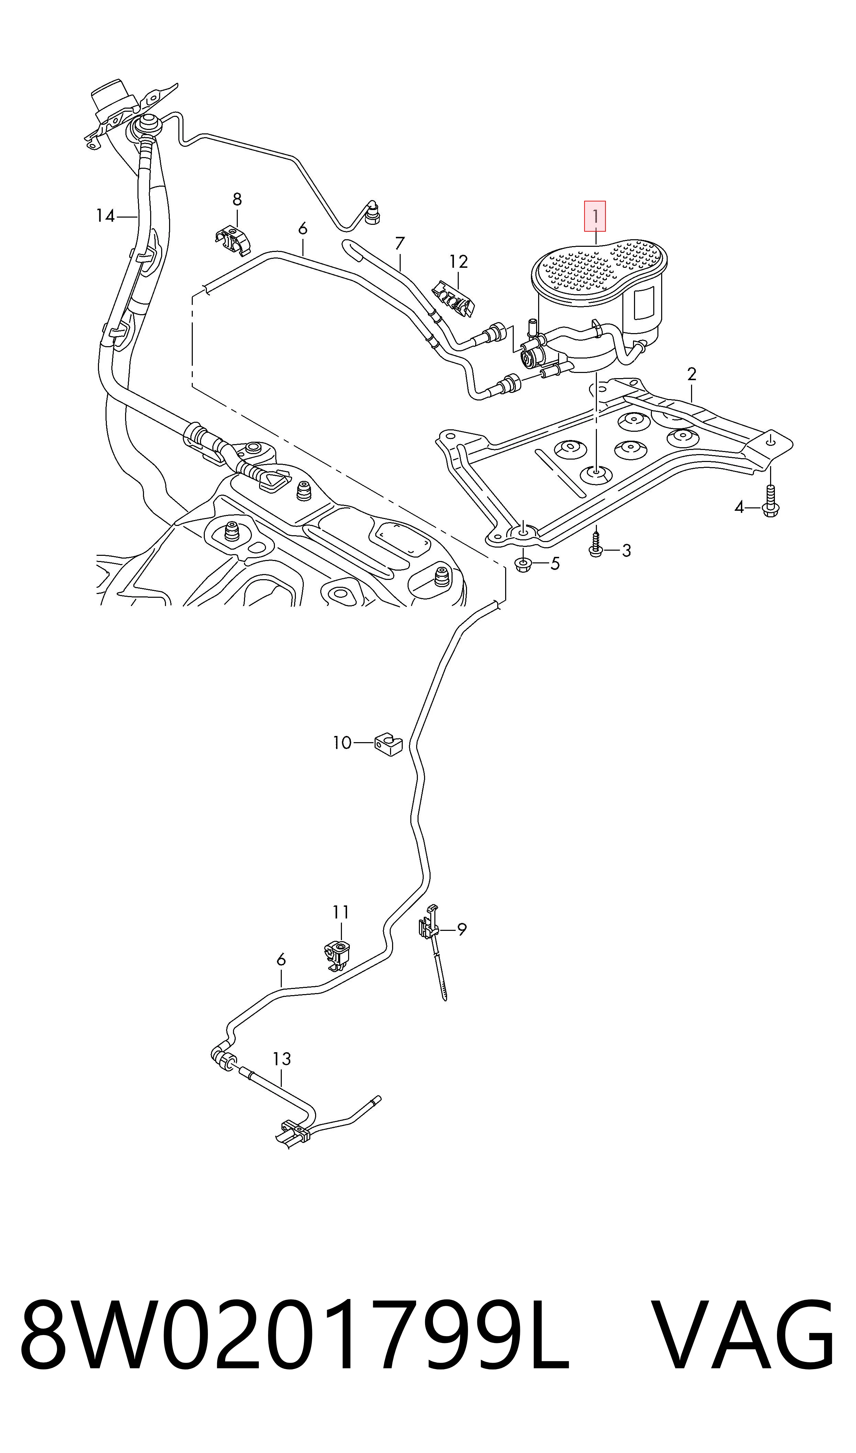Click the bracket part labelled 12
pyautogui.click(x=454, y=297)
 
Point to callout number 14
pyautogui.click(x=105, y=216)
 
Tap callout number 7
pyautogui.click(x=400, y=243)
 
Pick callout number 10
pyautogui.click(x=342, y=742)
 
